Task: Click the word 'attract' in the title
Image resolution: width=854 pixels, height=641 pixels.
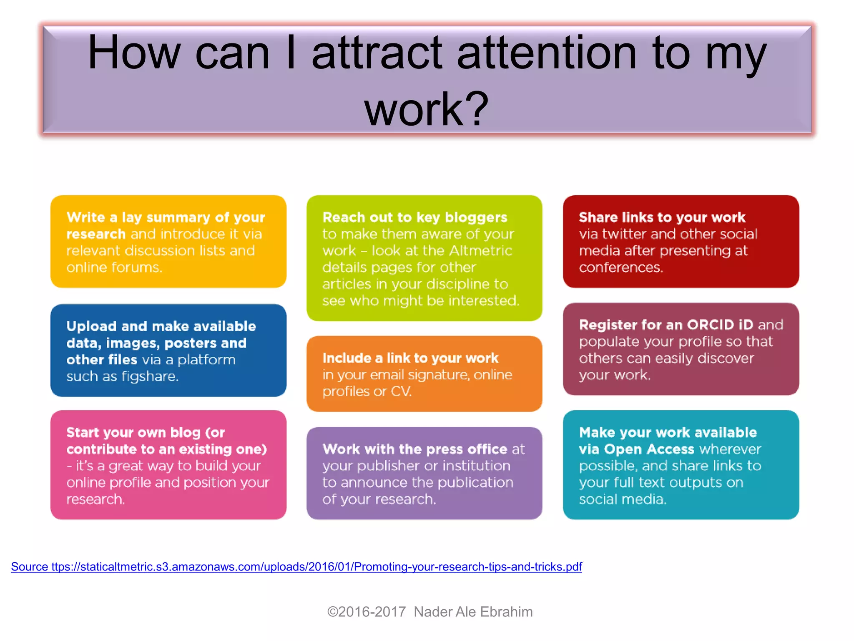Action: pyautogui.click(x=377, y=53)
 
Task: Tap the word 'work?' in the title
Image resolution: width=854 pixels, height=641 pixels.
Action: pyautogui.click(x=426, y=109)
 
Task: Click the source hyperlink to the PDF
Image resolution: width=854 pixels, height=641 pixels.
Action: pyautogui.click(x=296, y=567)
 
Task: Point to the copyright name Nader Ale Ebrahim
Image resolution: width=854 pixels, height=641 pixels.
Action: pyautogui.click(x=473, y=612)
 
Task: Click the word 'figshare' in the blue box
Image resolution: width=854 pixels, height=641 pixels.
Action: pyautogui.click(x=149, y=376)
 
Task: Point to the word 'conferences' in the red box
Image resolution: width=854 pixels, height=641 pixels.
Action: pyautogui.click(x=620, y=267)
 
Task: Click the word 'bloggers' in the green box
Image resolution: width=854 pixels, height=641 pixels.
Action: pyautogui.click(x=476, y=217)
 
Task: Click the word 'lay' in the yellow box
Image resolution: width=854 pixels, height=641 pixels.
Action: pyautogui.click(x=131, y=217)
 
